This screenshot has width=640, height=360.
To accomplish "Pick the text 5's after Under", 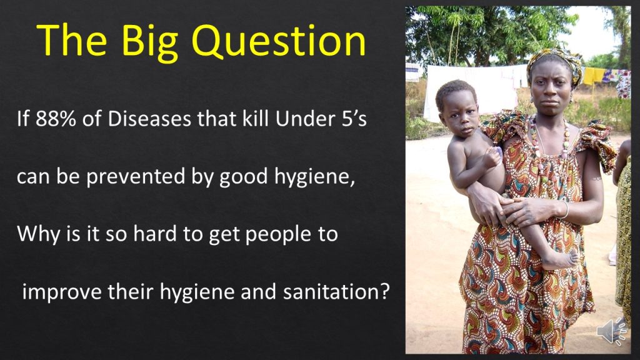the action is point(354,119).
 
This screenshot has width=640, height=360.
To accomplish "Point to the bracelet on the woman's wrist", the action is point(565,209).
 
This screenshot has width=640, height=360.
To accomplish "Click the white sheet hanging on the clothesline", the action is point(469,91).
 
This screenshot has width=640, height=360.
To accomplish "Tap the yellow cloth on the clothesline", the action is point(593,76).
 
